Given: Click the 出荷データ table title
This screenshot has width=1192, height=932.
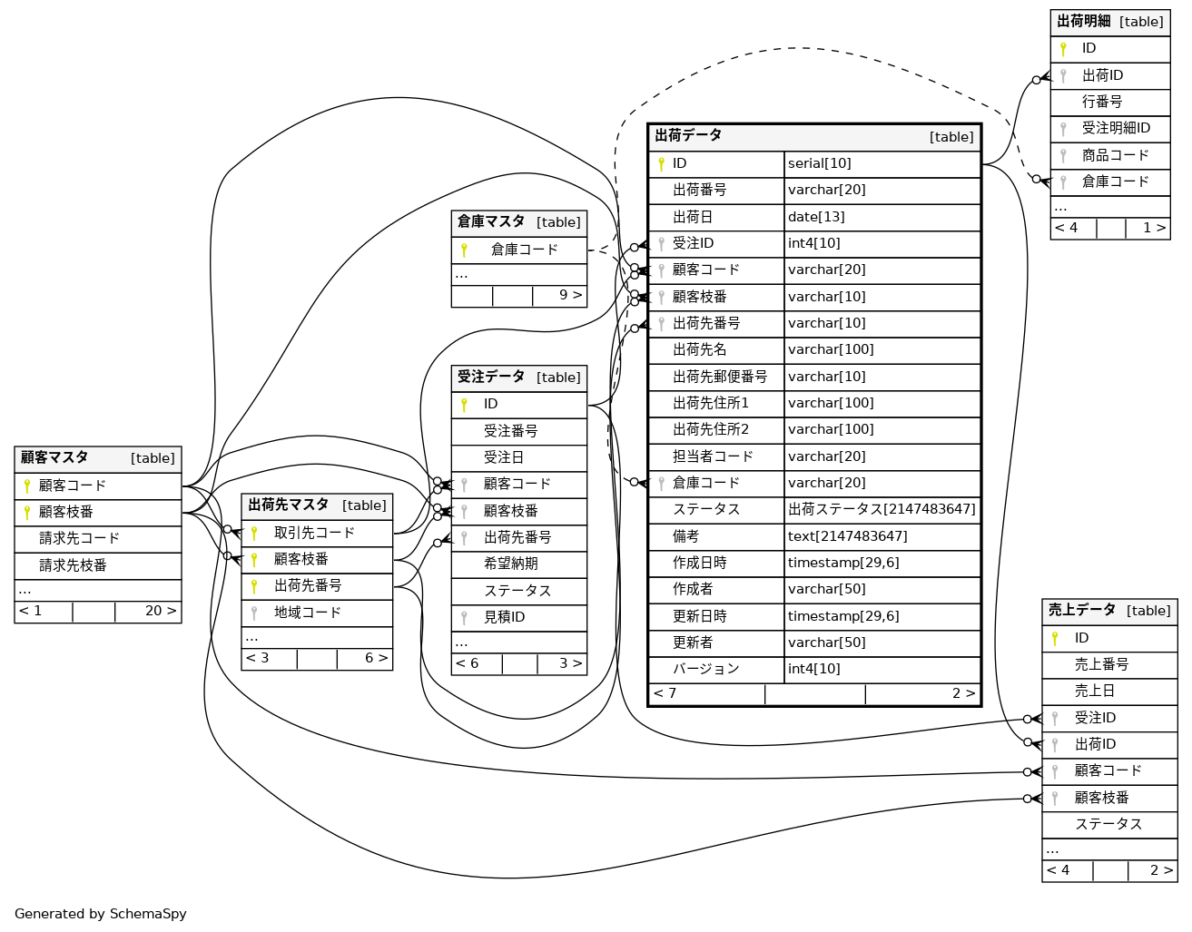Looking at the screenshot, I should click(688, 135).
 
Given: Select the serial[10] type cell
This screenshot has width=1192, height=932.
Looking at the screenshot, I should click(819, 163).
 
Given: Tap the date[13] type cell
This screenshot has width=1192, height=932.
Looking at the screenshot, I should click(815, 217).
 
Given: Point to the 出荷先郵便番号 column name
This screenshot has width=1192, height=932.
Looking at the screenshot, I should click(719, 377).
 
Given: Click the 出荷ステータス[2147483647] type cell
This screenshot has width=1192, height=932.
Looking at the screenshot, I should click(881, 509).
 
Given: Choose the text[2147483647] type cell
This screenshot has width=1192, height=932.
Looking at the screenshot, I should click(847, 536).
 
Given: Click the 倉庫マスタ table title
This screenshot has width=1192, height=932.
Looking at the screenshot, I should click(491, 221).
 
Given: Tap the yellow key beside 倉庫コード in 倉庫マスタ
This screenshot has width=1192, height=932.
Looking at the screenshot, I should click(464, 250).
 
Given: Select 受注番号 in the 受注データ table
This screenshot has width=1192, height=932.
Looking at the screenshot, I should click(510, 431).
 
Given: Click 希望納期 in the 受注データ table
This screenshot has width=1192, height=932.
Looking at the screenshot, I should click(510, 564).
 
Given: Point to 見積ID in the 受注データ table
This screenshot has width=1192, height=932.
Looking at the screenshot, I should click(504, 617).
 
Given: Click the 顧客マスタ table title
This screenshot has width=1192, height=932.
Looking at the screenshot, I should click(54, 457).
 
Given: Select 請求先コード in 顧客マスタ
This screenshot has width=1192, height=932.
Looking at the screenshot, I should click(79, 538).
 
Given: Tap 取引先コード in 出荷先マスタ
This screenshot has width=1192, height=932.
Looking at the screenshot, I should click(314, 533).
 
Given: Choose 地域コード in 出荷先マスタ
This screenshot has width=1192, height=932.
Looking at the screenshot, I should click(307, 613).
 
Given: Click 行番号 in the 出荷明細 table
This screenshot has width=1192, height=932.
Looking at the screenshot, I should click(1101, 102).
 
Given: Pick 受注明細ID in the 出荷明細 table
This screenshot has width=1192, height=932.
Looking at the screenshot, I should click(1116, 128).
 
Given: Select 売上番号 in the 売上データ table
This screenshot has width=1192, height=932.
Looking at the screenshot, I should click(1101, 664).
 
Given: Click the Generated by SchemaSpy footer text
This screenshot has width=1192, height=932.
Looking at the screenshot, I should click(101, 914).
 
